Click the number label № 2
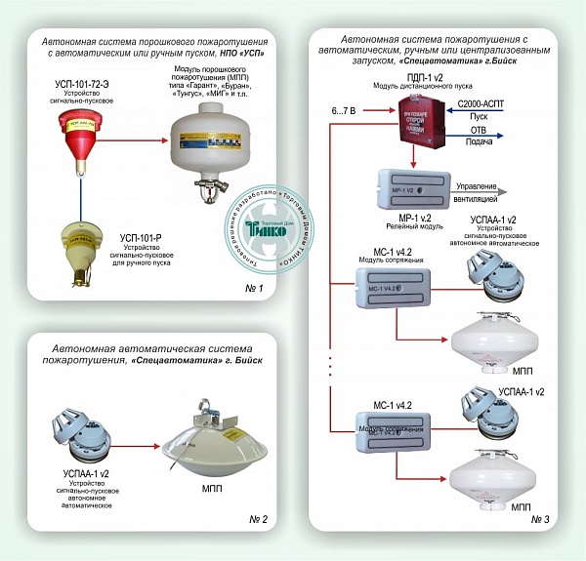coord(251,517)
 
